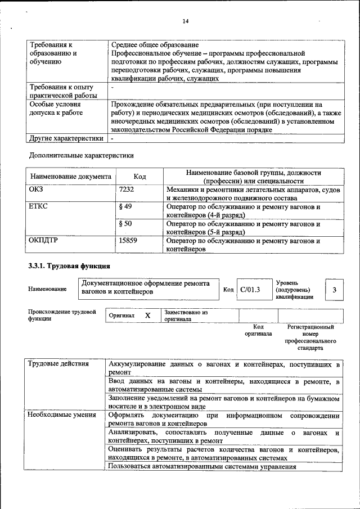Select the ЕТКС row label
tap(38, 206)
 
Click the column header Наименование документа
tap(70, 177)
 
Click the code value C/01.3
tap(250, 290)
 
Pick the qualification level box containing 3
tap(334, 290)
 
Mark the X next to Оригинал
tap(147, 316)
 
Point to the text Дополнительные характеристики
tap(81, 155)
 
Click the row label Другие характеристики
tap(66, 137)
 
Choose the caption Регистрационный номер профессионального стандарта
tap(310, 337)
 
